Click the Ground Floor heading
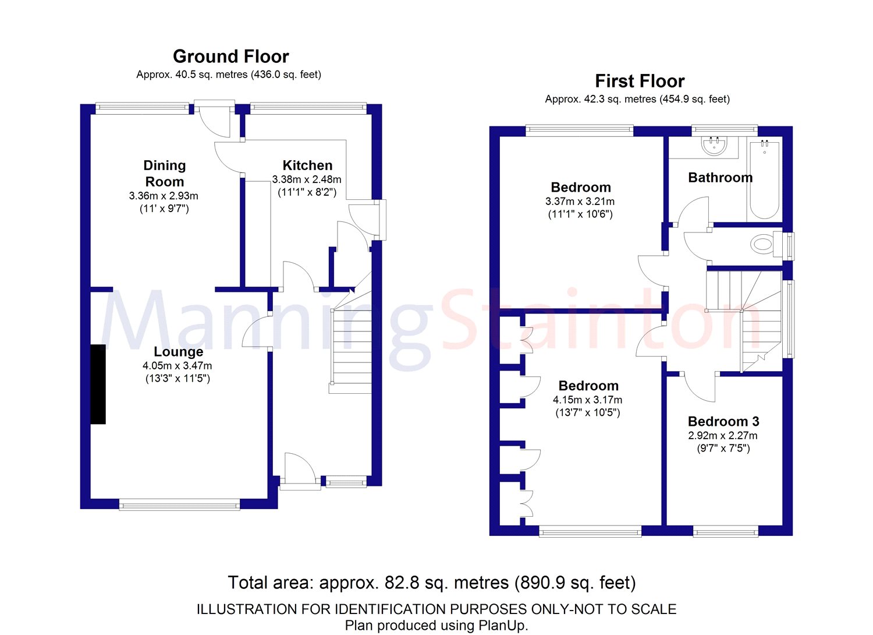[x=230, y=57]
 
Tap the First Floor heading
[x=640, y=81]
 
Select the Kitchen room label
[x=307, y=165]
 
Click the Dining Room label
[x=165, y=174]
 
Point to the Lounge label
[x=179, y=352]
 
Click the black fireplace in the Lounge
[x=98, y=384]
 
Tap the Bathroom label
[x=721, y=178]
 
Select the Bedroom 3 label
[x=723, y=421]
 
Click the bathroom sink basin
[x=714, y=146]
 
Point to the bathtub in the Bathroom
[x=764, y=180]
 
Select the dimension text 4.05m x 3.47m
[x=178, y=366]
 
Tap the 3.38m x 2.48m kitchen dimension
[x=307, y=179]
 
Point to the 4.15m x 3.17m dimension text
[x=587, y=400]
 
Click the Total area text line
[x=432, y=583]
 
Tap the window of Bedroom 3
[x=726, y=531]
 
